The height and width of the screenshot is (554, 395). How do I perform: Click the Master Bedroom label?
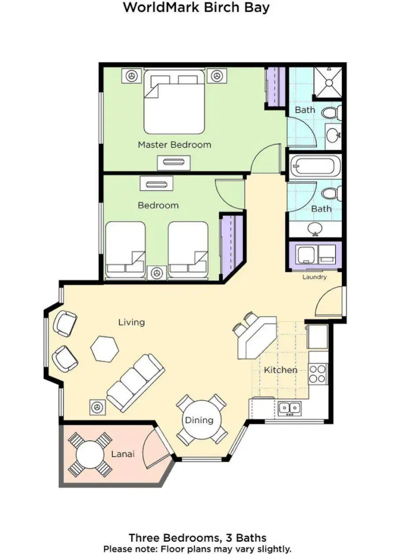tap(174, 145)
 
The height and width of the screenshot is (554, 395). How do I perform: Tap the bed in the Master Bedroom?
tap(174, 103)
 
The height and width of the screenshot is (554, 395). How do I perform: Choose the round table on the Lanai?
tap(90, 454)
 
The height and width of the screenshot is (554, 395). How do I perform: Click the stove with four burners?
tap(319, 373)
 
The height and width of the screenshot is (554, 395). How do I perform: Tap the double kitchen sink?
tap(290, 408)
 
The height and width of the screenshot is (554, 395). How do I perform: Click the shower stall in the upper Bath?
tap(329, 82)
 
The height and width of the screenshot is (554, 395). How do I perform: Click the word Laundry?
tap(314, 277)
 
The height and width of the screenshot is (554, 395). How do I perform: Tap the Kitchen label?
tap(281, 370)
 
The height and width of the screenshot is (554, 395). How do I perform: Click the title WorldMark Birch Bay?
tap(196, 8)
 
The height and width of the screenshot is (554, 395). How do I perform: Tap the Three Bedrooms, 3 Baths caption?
tap(197, 538)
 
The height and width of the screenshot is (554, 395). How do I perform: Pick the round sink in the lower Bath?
tap(314, 228)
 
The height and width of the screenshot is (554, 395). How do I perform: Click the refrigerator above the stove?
tap(318, 337)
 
